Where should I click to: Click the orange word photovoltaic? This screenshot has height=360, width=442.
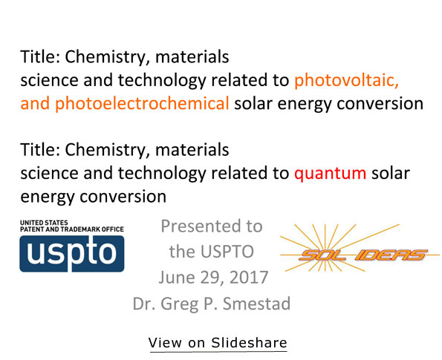pyautogui.click(x=346, y=81)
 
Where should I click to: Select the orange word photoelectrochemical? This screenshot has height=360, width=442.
pyautogui.click(x=142, y=104)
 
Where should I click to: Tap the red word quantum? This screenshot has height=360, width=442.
pyautogui.click(x=330, y=174)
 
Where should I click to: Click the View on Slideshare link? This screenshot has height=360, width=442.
pyautogui.click(x=218, y=343)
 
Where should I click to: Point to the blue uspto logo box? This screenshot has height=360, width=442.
pyautogui.click(x=72, y=254)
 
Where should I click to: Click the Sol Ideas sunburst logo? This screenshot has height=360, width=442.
pyautogui.click(x=360, y=248)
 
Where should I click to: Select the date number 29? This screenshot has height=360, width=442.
pyautogui.click(x=208, y=278)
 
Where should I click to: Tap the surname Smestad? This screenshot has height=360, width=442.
pyautogui.click(x=256, y=304)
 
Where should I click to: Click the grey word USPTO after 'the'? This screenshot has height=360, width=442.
pyautogui.click(x=227, y=252)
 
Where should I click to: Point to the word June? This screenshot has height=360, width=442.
pyautogui.click(x=177, y=278)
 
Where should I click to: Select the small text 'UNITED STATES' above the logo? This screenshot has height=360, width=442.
pyautogui.click(x=44, y=223)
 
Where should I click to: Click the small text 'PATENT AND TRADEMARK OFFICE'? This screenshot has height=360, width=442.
pyautogui.click(x=72, y=229)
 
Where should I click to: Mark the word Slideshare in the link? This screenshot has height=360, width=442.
pyautogui.click(x=249, y=343)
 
